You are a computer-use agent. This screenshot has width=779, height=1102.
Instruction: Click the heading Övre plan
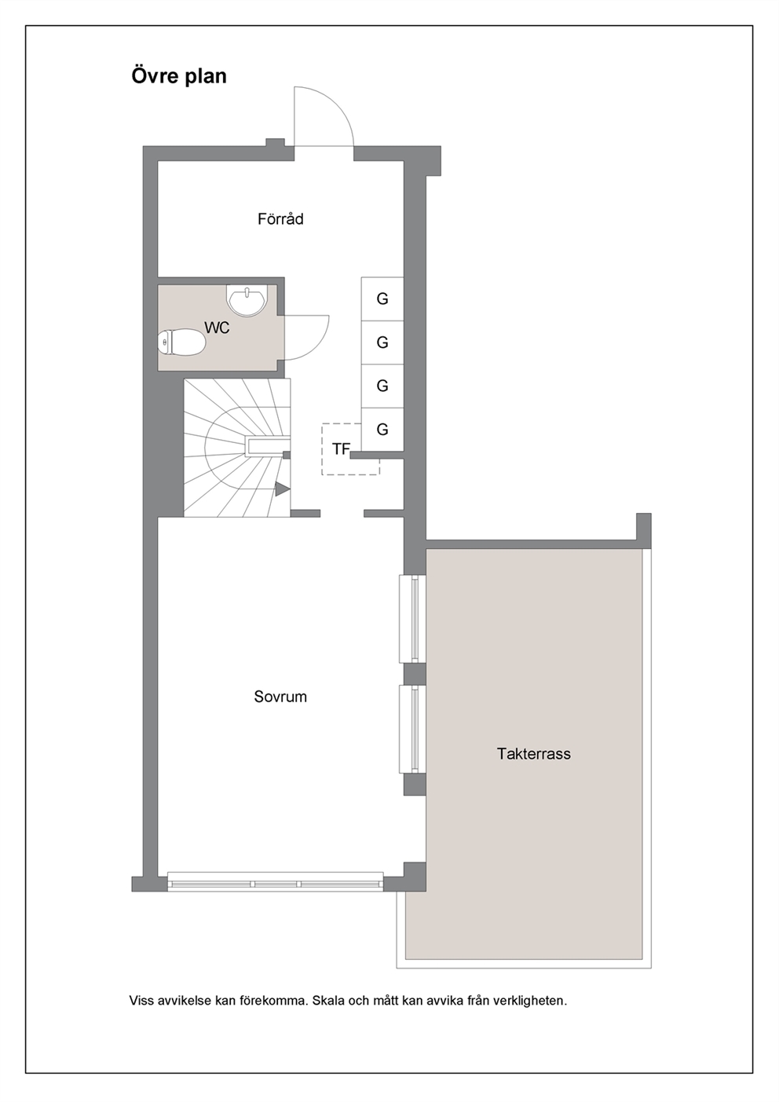pos(179,77)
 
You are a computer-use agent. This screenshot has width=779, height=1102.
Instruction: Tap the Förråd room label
pos(280,219)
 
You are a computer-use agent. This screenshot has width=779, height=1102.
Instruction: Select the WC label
pos(217,328)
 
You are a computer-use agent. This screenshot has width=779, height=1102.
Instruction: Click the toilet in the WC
pos(181,342)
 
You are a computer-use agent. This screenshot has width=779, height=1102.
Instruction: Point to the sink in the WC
pos(247,299)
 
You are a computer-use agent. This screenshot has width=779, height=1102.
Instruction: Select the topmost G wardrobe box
pos(382,299)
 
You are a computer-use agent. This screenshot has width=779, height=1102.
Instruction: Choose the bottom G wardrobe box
pos(382,430)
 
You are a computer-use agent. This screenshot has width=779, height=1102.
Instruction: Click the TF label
pos(341,448)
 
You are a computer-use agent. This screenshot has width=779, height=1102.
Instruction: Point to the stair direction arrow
pos(282,489)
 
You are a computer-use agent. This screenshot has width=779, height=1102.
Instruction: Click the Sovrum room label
pos(280,697)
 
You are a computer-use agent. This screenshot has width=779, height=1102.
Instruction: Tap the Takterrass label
pos(533,754)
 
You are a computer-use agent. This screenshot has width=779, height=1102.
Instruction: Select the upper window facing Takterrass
pos(412,619)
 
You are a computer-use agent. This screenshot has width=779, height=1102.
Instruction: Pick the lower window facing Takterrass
pos(412,729)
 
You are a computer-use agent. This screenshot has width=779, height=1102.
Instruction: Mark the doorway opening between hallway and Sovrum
pos(342,514)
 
